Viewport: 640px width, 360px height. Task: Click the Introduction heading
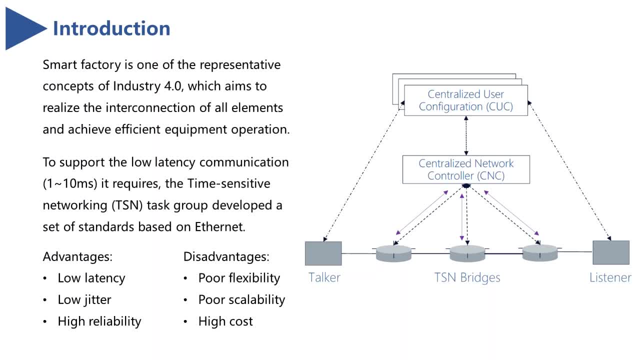111,28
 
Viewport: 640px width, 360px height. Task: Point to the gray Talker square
323,253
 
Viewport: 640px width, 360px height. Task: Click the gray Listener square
611,252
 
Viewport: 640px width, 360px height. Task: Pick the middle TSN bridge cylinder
467,253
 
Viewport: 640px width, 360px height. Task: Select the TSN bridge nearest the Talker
393,253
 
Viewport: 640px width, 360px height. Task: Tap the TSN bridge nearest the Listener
540,253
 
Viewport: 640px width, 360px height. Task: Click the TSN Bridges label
467,277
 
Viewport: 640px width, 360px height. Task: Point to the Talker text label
324,277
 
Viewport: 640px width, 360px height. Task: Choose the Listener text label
610,277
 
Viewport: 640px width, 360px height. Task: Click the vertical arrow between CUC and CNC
466,135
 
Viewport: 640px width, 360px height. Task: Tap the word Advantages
77,256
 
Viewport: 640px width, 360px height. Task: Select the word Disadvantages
226,256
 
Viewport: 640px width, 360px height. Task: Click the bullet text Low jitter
84,299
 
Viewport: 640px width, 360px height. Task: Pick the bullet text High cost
225,321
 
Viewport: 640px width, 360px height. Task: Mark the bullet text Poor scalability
241,299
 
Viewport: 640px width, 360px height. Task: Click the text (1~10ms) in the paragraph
70,183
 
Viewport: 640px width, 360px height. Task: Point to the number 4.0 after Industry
173,86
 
